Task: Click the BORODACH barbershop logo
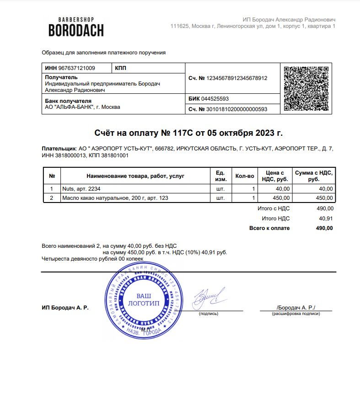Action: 76,27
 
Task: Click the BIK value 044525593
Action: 215,99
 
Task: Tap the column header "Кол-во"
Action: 244,176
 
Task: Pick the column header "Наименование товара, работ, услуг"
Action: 135,176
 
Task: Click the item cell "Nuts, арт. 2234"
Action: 81,189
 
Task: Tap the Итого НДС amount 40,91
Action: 326,218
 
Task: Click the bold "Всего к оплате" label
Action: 269,228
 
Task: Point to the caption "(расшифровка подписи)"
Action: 296,314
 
